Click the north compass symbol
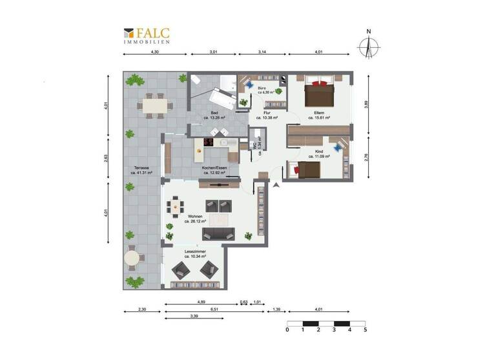coord(368,46)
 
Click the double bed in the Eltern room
coord(319,94)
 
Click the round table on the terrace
coord(132,259)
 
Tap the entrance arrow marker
coord(277,186)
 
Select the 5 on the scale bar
coord(365,329)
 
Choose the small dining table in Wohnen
coord(176,206)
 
